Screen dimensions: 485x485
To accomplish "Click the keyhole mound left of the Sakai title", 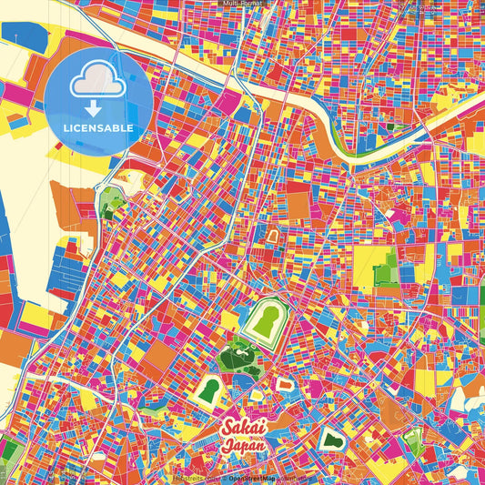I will pyautogui.click(x=210, y=391).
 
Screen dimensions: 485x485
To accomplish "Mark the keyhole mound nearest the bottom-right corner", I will pyautogui.click(x=413, y=443).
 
